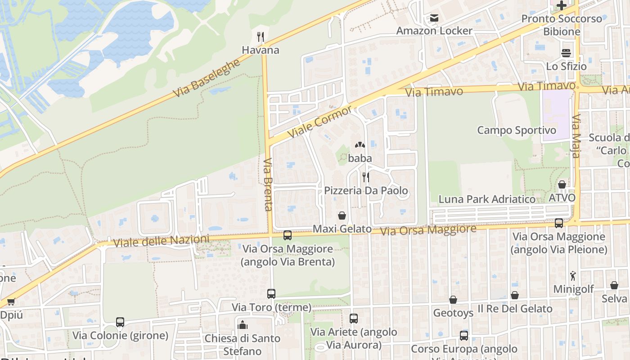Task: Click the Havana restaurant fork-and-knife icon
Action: [261, 36]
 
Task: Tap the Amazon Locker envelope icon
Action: [434, 18]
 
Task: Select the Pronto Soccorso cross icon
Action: [561, 5]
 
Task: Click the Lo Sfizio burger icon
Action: [566, 53]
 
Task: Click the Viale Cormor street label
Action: [320, 122]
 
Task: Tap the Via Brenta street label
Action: [268, 184]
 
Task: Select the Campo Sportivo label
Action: [517, 130]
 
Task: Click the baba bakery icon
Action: [360, 145]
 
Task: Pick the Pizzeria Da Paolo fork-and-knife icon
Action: [366, 177]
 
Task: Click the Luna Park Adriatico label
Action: [487, 199]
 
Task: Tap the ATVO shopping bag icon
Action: [562, 184]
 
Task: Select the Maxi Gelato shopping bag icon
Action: [342, 216]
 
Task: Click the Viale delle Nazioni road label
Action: [161, 241]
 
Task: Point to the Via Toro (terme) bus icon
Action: [271, 294]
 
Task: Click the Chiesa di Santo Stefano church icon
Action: [243, 324]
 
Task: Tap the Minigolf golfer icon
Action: [573, 276]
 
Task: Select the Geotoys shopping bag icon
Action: [453, 299]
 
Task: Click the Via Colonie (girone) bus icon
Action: [120, 322]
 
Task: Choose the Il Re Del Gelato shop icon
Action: [514, 295]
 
